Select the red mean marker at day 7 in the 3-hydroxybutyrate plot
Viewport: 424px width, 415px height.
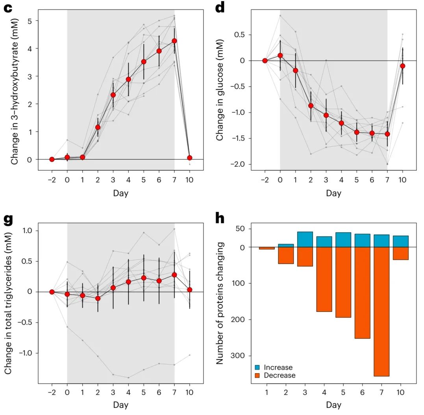174,41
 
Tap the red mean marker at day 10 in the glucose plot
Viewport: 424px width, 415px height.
402,66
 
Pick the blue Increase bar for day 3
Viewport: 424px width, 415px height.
305,240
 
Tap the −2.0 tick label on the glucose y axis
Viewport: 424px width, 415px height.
236,164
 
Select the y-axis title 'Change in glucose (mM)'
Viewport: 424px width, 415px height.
220,89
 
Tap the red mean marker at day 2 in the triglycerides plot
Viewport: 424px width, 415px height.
98,298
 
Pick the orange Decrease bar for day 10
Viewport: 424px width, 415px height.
400,253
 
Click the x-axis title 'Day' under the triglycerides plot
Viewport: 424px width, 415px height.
120,405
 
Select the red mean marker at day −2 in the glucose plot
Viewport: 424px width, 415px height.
265,61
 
